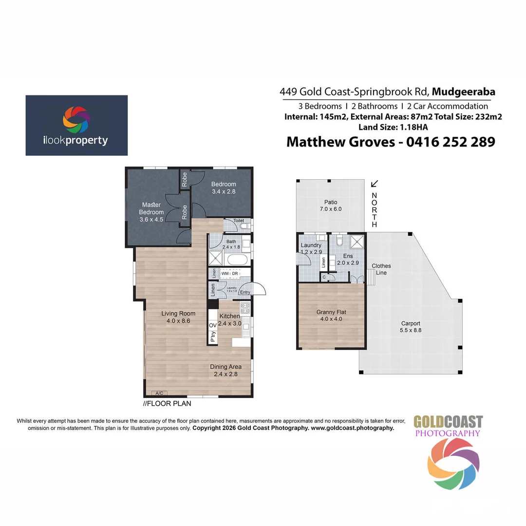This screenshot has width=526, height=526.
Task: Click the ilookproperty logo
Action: point(76,125)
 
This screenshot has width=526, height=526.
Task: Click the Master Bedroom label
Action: point(151,212)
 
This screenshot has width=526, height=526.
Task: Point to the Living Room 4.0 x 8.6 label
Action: point(178,317)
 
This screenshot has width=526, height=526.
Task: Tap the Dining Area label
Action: point(225,370)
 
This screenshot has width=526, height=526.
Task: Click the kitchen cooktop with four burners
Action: point(245,307)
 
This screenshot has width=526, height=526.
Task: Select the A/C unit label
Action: point(159,393)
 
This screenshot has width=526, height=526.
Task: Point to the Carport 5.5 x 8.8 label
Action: point(410,327)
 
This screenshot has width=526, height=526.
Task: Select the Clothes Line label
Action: point(381,269)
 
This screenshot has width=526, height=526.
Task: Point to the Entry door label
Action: point(245,292)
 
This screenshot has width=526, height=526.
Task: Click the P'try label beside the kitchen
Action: point(213,336)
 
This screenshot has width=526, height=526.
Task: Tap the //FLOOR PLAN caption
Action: point(167,403)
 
